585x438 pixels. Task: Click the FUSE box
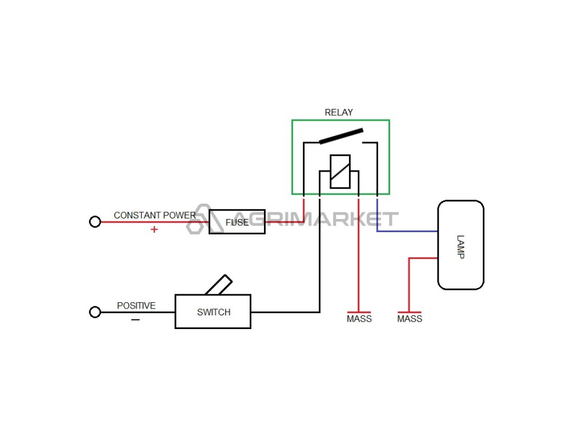point(237,222)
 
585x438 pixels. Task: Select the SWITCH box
point(213,311)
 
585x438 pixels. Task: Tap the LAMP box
point(460,245)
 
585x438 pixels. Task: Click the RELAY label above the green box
point(339,112)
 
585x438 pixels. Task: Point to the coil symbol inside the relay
point(340,171)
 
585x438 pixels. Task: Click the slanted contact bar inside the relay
point(341,136)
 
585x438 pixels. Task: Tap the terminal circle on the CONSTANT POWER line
point(95,222)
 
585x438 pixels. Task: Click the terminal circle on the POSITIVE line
point(95,312)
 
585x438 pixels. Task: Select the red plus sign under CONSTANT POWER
point(154,230)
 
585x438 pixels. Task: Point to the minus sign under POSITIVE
point(135,320)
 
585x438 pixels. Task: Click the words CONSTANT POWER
point(154,215)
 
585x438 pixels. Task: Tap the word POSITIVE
point(136,306)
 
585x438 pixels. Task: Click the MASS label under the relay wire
point(359,319)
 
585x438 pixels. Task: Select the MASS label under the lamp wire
point(409,319)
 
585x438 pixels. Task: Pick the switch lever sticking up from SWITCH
point(219,285)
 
